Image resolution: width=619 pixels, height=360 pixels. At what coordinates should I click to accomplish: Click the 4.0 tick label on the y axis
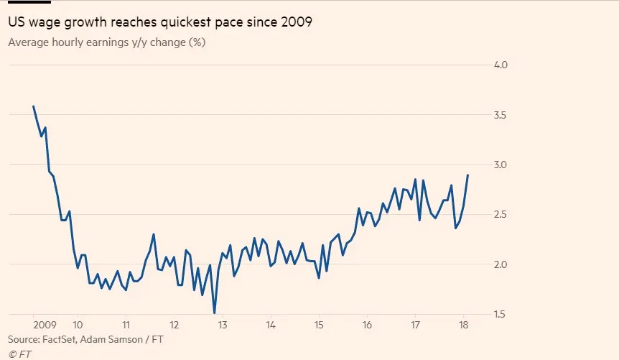tap(500, 65)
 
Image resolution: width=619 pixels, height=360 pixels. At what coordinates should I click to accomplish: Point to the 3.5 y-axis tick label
tap(500, 115)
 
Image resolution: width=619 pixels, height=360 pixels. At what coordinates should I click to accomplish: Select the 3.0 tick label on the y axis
tap(500, 165)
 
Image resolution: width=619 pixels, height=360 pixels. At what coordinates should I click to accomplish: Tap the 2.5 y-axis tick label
tap(500, 215)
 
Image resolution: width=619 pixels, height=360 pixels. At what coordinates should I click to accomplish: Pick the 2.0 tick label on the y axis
tap(500, 264)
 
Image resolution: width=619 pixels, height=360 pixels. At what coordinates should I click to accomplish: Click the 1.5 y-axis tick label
tap(500, 315)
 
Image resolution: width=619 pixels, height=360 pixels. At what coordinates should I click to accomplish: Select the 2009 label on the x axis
tap(45, 324)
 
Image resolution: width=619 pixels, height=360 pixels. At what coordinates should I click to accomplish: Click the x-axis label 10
tap(78, 324)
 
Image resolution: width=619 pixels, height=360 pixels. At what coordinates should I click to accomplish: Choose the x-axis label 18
tap(463, 324)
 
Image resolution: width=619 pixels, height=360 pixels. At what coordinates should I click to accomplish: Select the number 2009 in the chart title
tap(297, 23)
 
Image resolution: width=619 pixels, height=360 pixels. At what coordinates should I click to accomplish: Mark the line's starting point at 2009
tap(33, 106)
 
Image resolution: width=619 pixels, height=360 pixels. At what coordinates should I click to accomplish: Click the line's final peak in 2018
tap(468, 175)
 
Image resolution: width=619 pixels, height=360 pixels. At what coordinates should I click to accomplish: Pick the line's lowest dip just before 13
tap(214, 313)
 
